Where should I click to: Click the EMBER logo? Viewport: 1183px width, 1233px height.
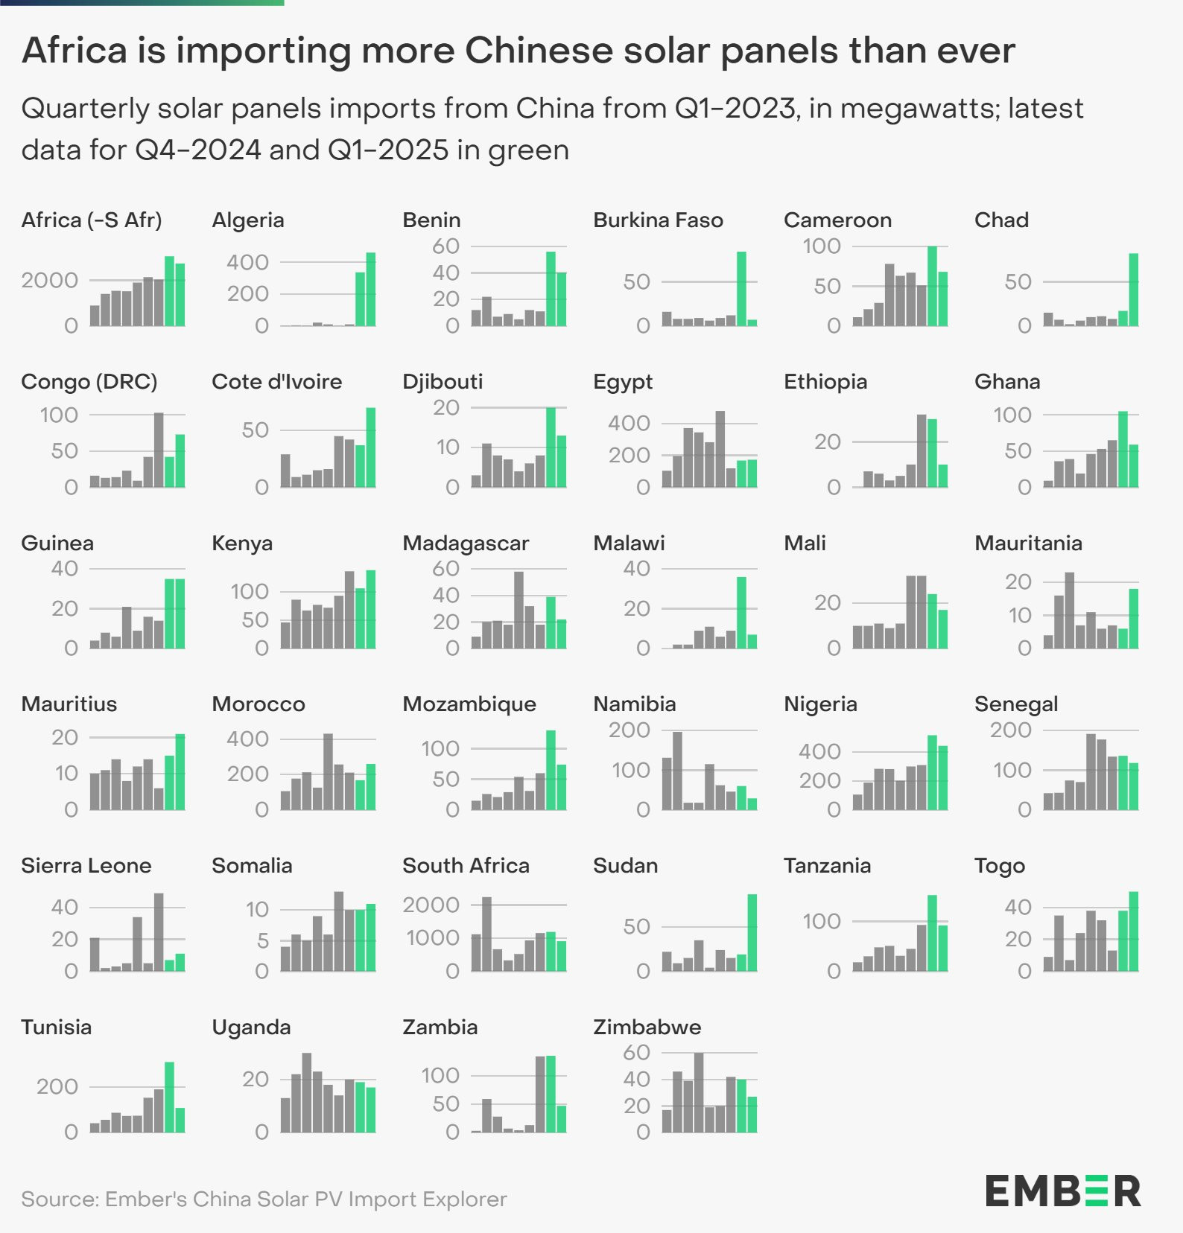tap(1063, 1191)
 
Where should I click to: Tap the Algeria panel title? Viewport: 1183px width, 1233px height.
tap(248, 220)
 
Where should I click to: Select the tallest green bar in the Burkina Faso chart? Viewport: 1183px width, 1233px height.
tap(741, 289)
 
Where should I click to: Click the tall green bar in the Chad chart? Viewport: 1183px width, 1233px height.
tap(1134, 290)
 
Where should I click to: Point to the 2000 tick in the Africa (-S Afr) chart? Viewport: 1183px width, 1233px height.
tap(50, 281)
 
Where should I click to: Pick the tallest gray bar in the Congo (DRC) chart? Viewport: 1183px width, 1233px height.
tap(159, 450)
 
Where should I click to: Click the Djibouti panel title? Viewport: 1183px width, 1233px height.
tap(443, 382)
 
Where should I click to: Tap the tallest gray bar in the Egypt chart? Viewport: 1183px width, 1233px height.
tap(720, 449)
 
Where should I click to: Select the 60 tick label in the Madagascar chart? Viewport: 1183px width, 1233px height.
tap(446, 569)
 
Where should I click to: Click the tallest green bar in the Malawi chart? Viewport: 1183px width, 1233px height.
tap(741, 613)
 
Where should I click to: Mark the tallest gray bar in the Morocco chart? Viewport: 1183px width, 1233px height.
tap(328, 771)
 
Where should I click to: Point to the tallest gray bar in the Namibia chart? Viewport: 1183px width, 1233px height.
tap(677, 771)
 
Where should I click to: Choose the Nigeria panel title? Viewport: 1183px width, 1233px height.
tap(820, 704)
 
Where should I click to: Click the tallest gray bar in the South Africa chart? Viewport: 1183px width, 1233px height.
tap(486, 934)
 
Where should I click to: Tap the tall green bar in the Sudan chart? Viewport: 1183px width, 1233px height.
tap(752, 933)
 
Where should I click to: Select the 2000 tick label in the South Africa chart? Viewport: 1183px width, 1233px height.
tap(431, 905)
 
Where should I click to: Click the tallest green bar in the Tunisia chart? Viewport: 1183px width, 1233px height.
tap(169, 1097)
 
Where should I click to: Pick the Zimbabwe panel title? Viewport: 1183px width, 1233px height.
tap(647, 1027)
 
